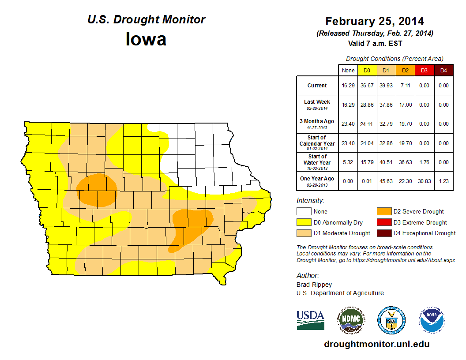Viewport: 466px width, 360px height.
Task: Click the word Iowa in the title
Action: (x=146, y=39)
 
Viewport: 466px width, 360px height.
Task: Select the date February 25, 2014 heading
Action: (x=375, y=21)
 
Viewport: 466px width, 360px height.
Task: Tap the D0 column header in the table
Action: (x=367, y=71)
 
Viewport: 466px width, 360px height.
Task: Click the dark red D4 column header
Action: (x=443, y=71)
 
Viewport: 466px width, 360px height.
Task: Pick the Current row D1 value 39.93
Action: (x=386, y=86)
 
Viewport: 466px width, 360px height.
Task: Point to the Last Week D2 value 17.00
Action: (x=405, y=105)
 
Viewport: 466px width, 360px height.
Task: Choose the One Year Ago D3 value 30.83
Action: (x=424, y=181)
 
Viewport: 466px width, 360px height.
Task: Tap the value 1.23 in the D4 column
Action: (x=443, y=181)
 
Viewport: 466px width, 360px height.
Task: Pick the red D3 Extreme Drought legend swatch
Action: (x=383, y=222)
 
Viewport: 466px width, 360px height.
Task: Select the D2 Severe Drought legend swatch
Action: (x=383, y=212)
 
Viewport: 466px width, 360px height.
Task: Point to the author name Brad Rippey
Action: (x=314, y=285)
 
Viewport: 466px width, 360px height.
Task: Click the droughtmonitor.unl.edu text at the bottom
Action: (x=376, y=344)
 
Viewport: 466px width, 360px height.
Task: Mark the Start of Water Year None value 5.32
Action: (x=348, y=162)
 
